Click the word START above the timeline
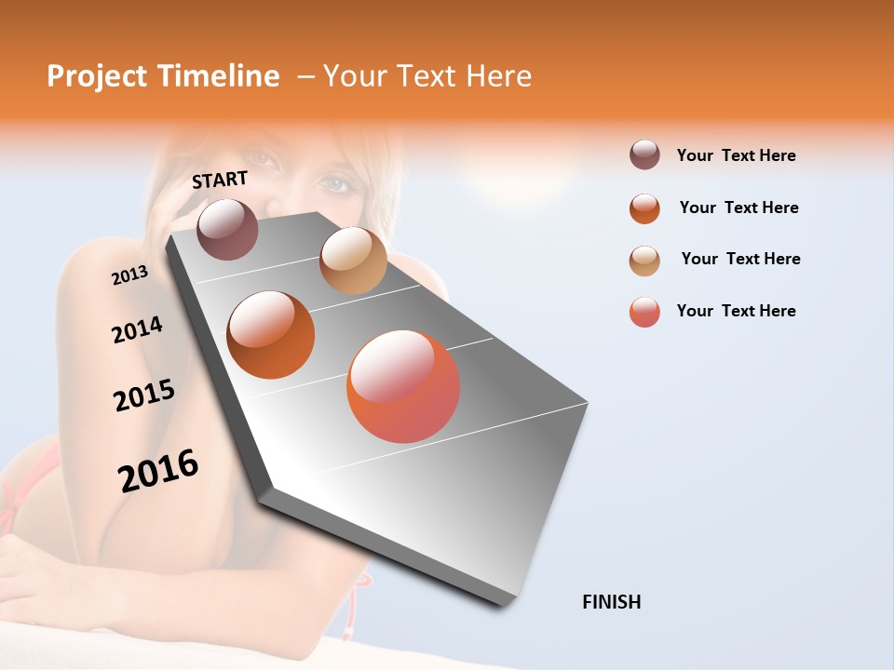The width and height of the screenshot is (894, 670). coord(220,180)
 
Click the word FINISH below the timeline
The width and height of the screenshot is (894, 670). coord(611,602)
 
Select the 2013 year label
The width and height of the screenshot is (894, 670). coord(129,275)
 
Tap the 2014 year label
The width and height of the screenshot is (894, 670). coord(137,330)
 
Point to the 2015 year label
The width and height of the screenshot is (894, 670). coord(144,395)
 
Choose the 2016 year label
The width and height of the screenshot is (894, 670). coord(158,471)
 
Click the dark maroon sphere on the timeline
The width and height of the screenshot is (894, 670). coord(228,229)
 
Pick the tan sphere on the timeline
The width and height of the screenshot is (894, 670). coord(353,261)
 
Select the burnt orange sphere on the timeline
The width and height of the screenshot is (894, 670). coord(271,335)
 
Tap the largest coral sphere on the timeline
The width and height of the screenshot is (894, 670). coord(403,386)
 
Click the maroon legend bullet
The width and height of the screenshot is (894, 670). coord(644,155)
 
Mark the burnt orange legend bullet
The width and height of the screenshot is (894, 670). coord(644,208)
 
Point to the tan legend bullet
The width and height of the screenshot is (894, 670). coord(644,261)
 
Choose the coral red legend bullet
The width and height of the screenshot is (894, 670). coord(644,312)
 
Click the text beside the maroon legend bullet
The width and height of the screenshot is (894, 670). coord(736,155)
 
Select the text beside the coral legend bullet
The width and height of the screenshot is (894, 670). coord(736,311)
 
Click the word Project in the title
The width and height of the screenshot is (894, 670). coord(97,76)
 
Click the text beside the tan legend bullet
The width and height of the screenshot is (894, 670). coord(740,259)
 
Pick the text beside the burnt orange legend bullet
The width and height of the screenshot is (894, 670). coord(738,208)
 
